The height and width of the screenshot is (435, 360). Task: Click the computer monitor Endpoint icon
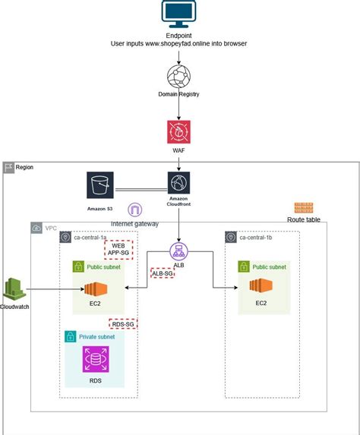tap(179, 14)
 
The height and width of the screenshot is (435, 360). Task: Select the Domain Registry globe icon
tap(179, 77)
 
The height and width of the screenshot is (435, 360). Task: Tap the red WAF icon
tap(179, 131)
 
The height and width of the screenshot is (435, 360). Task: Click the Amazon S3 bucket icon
tap(100, 183)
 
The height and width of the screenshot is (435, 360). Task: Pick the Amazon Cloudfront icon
tap(179, 183)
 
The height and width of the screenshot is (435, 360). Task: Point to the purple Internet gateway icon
tap(136, 210)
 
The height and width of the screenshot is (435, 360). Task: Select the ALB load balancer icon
tap(179, 251)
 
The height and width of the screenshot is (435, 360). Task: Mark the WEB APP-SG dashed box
tap(118, 250)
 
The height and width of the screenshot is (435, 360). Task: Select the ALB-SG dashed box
tap(161, 273)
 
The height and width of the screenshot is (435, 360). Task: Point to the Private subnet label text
tap(96, 336)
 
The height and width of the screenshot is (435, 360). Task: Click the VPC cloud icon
tap(37, 228)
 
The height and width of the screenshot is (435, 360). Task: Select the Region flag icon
tap(8, 167)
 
